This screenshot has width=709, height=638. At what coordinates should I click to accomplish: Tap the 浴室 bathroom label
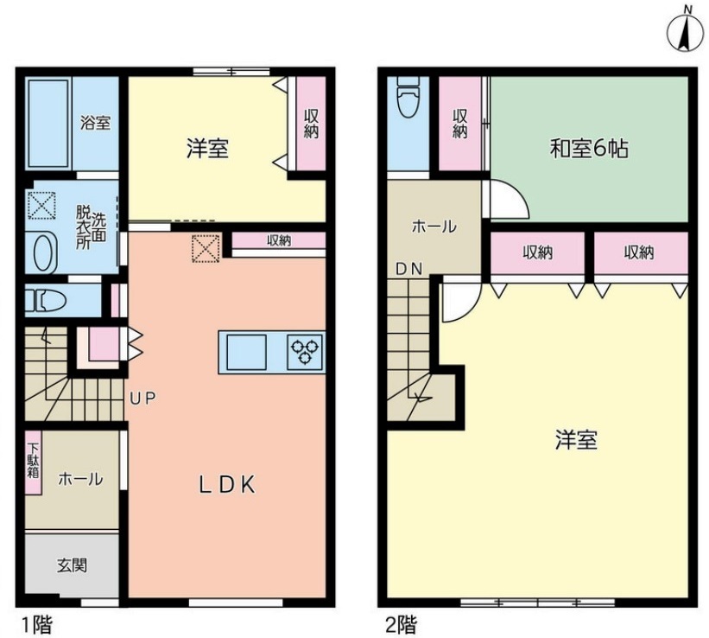click(x=95, y=123)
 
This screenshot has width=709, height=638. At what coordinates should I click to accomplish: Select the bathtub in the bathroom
click(x=48, y=123)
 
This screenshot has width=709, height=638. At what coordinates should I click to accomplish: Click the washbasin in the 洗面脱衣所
click(x=41, y=252)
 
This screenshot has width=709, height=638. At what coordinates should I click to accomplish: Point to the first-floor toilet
click(x=45, y=301)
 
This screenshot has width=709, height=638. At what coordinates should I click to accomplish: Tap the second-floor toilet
click(x=408, y=97)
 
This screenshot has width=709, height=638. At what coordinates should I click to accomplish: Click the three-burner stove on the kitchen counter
click(x=305, y=352)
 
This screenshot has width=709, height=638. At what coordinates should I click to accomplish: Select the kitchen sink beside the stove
click(x=246, y=352)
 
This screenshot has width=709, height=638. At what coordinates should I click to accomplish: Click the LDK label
click(x=227, y=485)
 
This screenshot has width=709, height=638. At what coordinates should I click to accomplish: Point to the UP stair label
click(x=142, y=399)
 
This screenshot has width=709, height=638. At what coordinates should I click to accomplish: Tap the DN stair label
click(x=408, y=270)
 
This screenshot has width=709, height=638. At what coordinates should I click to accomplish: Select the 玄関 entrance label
click(x=72, y=565)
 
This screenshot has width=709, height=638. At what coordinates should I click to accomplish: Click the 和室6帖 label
click(x=589, y=149)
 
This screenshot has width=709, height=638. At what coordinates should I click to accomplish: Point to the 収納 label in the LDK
click(x=279, y=240)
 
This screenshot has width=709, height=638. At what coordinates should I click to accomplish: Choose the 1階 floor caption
click(x=37, y=625)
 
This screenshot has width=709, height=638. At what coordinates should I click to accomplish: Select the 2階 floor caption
click(x=400, y=625)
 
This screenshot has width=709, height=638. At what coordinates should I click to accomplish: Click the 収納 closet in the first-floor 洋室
click(x=311, y=124)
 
